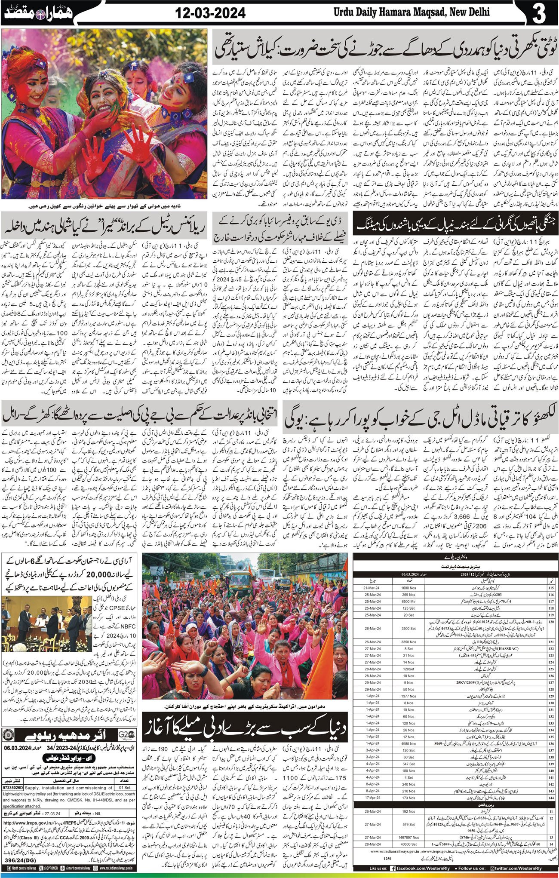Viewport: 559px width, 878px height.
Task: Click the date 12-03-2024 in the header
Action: tap(211, 13)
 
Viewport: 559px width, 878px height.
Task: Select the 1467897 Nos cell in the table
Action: tap(408, 838)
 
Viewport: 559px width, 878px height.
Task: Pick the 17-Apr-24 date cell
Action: tap(372, 798)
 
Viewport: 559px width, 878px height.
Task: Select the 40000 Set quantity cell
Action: tap(408, 844)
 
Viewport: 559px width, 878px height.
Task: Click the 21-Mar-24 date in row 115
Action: tap(372, 588)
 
